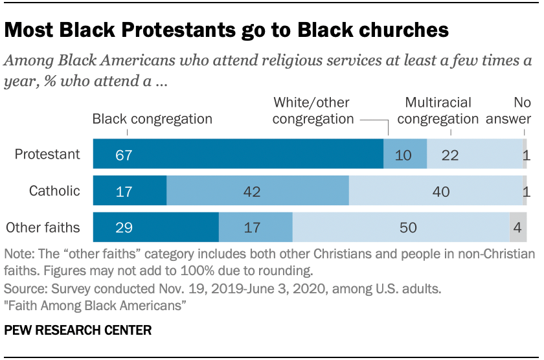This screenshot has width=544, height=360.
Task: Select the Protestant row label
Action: coord(47,154)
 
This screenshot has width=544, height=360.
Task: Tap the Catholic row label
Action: coord(54,190)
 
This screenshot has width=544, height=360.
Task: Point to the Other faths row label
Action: coord(43,227)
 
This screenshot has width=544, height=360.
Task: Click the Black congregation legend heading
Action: coord(152,118)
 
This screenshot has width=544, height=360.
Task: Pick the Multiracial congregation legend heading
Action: coord(438,111)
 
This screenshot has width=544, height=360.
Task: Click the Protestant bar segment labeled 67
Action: coord(238,154)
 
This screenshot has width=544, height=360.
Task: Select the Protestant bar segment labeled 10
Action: coord(405,154)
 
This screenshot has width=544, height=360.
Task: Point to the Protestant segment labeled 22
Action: coord(475,154)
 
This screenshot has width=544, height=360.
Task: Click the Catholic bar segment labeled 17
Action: coord(130,191)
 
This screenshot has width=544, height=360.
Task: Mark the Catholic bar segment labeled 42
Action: coord(258,191)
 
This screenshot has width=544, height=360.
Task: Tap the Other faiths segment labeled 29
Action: coord(156,227)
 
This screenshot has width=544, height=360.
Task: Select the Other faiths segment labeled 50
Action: coord(401,227)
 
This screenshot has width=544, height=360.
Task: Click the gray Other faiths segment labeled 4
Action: coord(518,227)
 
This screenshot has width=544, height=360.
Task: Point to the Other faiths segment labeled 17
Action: coord(256,227)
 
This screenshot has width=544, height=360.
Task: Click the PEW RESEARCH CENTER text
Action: coord(78,330)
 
